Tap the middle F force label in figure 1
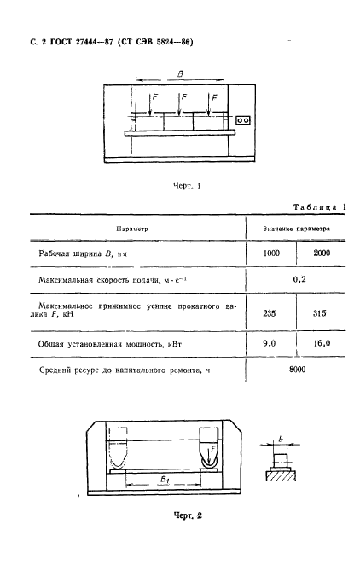point(183,99)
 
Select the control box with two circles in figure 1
point(243,121)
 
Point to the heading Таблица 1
point(319,208)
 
